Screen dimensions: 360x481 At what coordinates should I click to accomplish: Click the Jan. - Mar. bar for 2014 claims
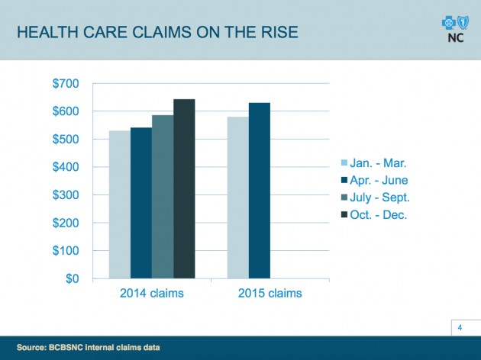120,204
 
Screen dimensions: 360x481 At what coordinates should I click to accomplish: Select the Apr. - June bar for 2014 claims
141,203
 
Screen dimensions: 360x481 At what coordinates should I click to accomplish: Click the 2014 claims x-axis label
152,294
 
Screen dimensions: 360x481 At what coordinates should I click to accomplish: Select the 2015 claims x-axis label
270,294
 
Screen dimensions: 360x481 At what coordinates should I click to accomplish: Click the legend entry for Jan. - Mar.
379,163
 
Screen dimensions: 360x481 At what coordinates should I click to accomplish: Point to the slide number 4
460,328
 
